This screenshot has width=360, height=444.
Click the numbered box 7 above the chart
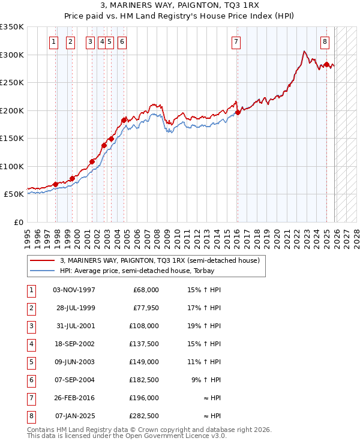click(235, 42)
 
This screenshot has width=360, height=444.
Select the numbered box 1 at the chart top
click(54, 42)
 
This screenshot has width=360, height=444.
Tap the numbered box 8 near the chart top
click(325, 42)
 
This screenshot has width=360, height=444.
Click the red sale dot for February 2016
click(238, 112)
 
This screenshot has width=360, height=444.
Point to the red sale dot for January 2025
click(326, 64)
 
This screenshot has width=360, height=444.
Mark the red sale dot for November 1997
click(56, 184)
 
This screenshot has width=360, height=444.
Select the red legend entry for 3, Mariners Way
click(159, 260)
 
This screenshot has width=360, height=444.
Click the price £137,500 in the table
click(144, 344)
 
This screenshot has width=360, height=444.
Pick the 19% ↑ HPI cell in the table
click(203, 326)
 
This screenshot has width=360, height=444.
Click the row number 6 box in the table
click(30, 380)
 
